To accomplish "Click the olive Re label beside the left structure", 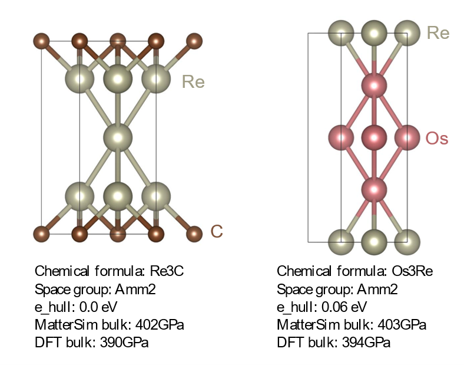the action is pyautogui.click(x=193, y=82).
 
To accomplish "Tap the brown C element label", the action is pyautogui.click(x=217, y=231).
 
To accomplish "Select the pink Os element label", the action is pyautogui.click(x=437, y=139).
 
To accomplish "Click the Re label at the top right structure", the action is pyautogui.click(x=438, y=32).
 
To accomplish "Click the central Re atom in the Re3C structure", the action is pyautogui.click(x=118, y=137).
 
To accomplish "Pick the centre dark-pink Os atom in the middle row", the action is pyautogui.click(x=374, y=137).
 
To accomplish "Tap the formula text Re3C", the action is pyautogui.click(x=167, y=271).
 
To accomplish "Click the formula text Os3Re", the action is pyautogui.click(x=412, y=271).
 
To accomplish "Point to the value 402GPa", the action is pyautogui.click(x=160, y=325).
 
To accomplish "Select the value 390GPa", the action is pyautogui.click(x=124, y=343).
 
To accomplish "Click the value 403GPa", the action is pyautogui.click(x=402, y=325).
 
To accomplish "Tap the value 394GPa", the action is pyautogui.click(x=366, y=343).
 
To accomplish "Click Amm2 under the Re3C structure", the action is pyautogui.click(x=135, y=289).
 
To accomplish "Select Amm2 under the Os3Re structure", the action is pyautogui.click(x=377, y=289).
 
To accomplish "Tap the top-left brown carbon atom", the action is pyautogui.click(x=41, y=41).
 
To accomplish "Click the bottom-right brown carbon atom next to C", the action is pyautogui.click(x=194, y=234).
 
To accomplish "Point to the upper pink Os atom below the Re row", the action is pyautogui.click(x=374, y=86).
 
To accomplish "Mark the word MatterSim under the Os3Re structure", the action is pyautogui.click(x=306, y=325).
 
